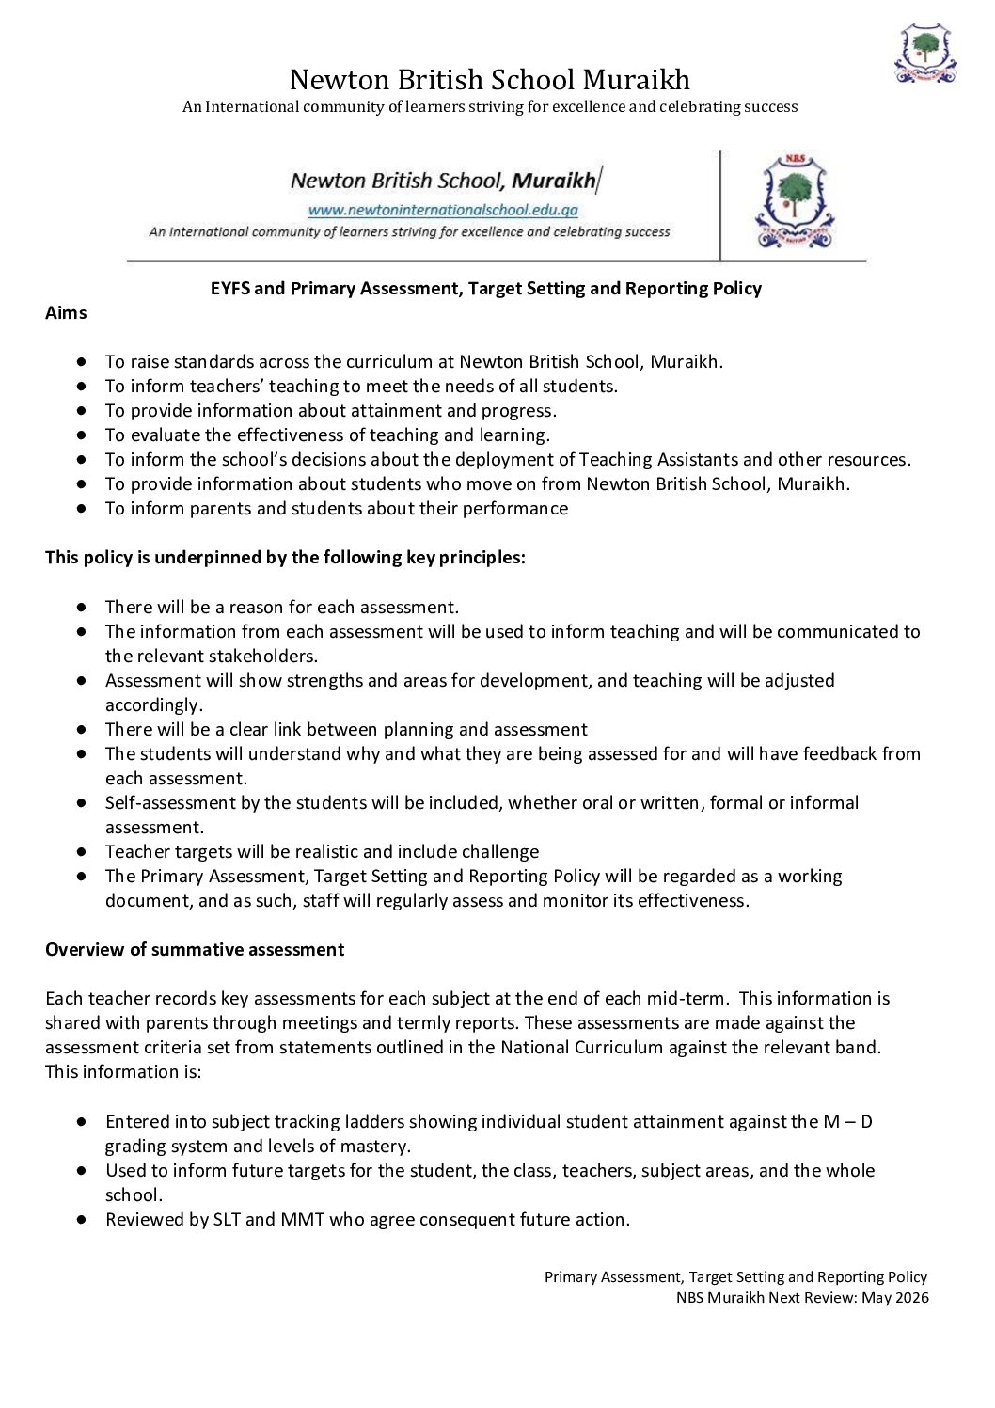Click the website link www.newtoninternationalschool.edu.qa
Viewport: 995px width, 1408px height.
coord(443,210)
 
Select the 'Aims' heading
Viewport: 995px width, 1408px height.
coord(66,313)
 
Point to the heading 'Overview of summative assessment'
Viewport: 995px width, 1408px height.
coord(195,949)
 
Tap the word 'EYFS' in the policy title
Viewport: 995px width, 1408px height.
coord(229,289)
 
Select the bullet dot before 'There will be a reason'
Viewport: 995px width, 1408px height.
coord(83,607)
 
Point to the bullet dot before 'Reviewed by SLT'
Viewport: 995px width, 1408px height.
coord(83,1220)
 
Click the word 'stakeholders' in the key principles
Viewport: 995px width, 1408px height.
coord(265,656)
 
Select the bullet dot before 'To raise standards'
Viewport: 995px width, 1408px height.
coord(83,361)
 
